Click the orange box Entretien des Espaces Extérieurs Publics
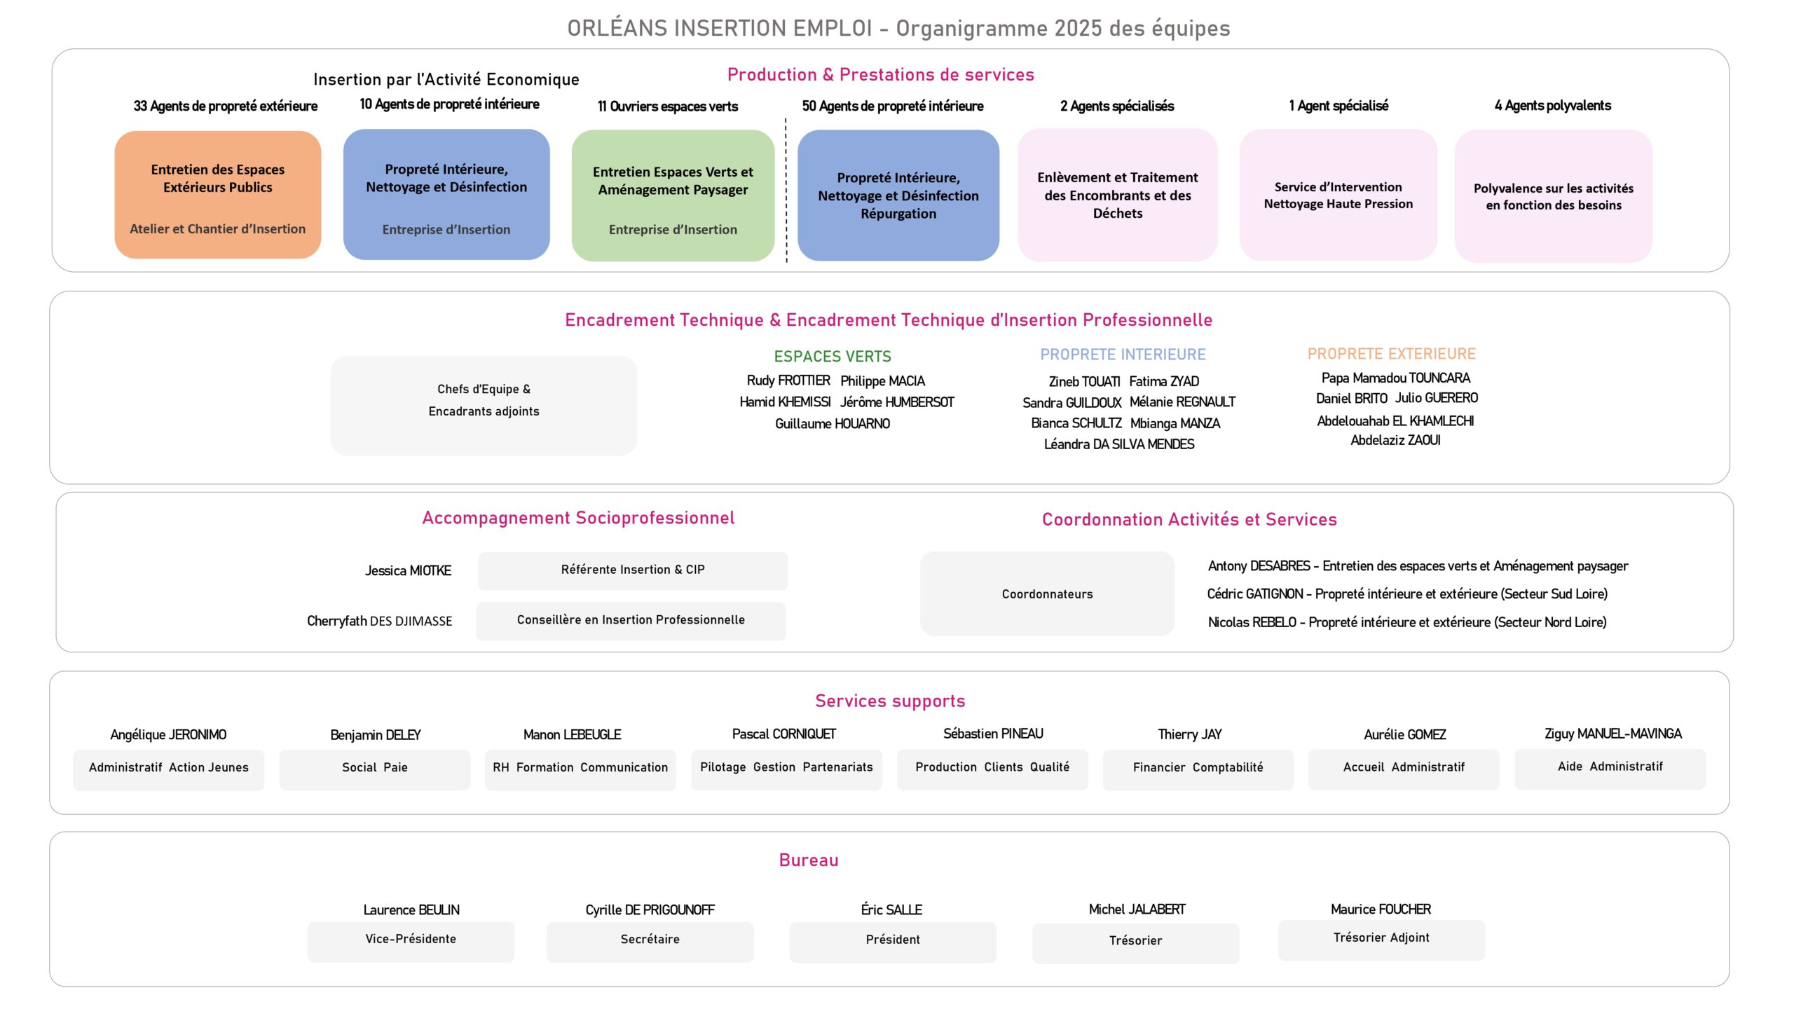pos(217,194)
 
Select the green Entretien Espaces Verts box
pos(673,195)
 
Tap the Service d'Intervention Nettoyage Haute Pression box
pos(1338,195)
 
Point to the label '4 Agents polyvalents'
pos(1552,106)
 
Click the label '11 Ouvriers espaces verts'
pos(667,107)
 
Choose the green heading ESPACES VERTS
pos(832,357)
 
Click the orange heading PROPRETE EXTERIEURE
pos(1391,354)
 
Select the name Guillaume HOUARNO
pos(832,424)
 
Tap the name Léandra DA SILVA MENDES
pos(1118,444)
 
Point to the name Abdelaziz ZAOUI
pos(1395,440)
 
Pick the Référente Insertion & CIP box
pos(632,570)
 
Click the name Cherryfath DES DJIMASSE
pos(379,621)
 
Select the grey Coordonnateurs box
pos(1047,593)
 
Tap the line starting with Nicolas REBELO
pos(1406,622)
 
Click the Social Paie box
pos(374,769)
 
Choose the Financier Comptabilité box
pos(1198,769)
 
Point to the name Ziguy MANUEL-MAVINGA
pos(1612,734)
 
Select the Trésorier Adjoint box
pos(1381,939)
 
